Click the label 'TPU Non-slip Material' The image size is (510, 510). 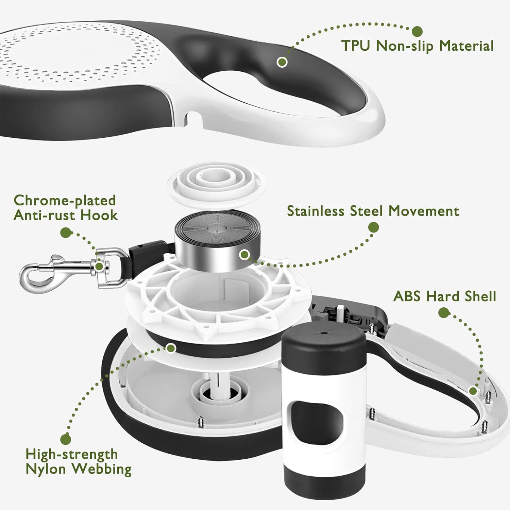pos(417,46)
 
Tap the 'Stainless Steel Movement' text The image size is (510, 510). pos(373,211)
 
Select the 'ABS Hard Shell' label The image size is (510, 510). pos(445,296)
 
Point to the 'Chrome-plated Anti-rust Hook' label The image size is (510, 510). pos(65,208)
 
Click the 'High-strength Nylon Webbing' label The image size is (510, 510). pos(79,461)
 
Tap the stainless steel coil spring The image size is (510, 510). pos(217,241)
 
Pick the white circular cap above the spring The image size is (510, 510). pos(217,188)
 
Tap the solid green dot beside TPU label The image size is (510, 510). pos(417,31)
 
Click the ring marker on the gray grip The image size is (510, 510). pos(282,62)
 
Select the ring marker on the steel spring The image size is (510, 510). pos(244,254)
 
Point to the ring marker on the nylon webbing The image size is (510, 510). pos(171,348)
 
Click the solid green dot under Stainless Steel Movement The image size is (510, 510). pos(374,227)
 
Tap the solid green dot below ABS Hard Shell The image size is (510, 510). pos(443,313)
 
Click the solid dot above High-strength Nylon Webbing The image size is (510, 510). pos(66,439)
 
